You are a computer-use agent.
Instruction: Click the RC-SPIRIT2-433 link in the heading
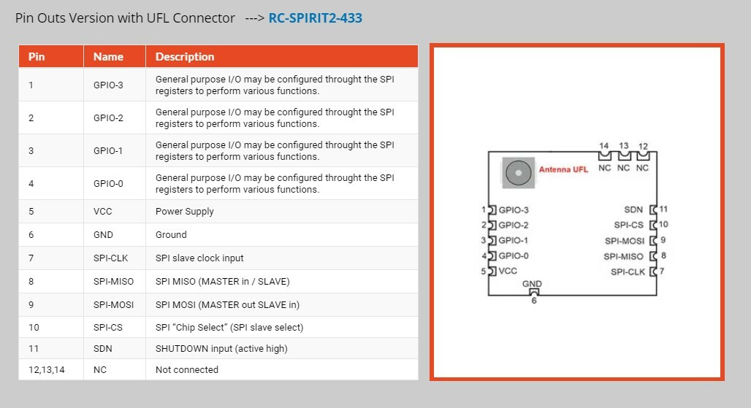click(x=315, y=18)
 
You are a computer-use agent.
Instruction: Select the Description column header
click(x=185, y=57)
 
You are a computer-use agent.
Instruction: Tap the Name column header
click(x=108, y=57)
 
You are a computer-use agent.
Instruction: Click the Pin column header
click(x=37, y=57)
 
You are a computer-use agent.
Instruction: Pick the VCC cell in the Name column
click(x=103, y=212)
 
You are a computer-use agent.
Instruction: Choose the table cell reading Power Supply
click(x=185, y=212)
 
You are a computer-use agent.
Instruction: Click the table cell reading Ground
click(x=171, y=235)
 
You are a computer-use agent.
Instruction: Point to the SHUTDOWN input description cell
click(x=221, y=349)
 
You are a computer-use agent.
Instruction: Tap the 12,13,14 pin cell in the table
click(x=47, y=370)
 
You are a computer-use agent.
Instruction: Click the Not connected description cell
click(x=187, y=370)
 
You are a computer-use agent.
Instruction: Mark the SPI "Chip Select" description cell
click(x=229, y=328)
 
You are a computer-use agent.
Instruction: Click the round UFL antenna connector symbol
click(x=518, y=173)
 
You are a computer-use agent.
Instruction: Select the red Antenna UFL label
click(x=563, y=170)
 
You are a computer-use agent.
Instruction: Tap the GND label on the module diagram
click(x=532, y=284)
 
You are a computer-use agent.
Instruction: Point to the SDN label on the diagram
click(x=633, y=210)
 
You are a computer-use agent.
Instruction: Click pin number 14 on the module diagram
click(x=604, y=146)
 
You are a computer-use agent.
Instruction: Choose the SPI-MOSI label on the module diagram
click(x=625, y=241)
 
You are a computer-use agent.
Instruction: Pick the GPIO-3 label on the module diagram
click(x=514, y=210)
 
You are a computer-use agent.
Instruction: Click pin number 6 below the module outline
click(x=533, y=300)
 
